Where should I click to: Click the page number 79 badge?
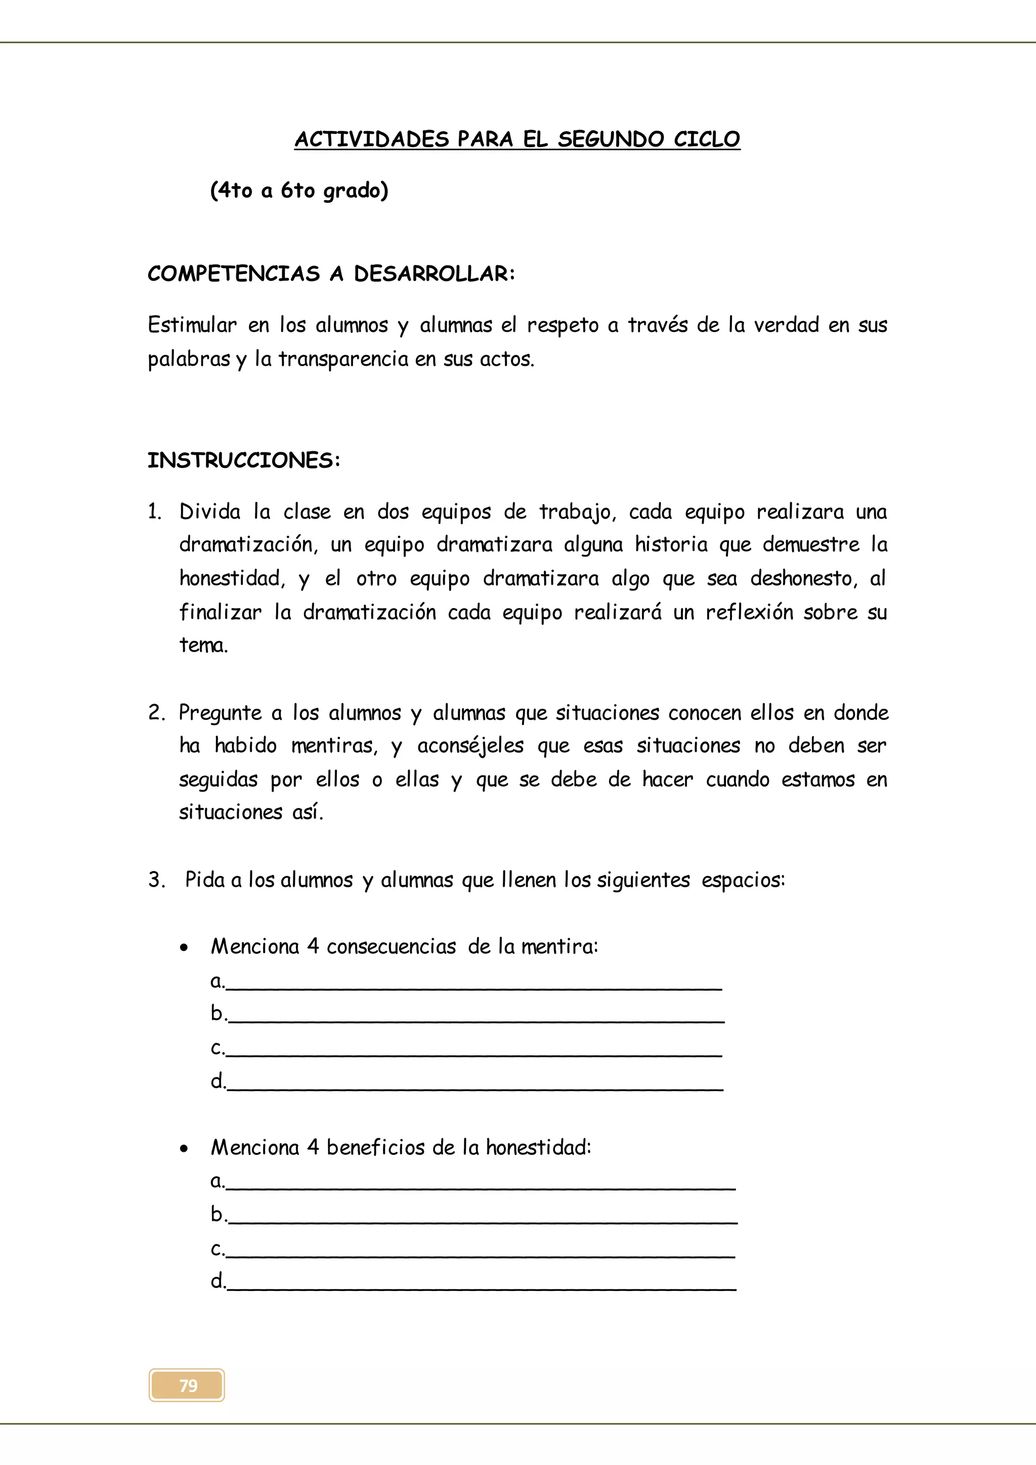pos(187,1385)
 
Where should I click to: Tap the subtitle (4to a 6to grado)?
pos(298,190)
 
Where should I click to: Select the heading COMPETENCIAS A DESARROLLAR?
pos(331,274)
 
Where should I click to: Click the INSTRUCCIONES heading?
pos(244,460)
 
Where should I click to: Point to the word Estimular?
pos(192,325)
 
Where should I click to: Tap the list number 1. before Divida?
pos(154,512)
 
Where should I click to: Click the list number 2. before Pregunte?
pos(156,713)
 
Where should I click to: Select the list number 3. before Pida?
pos(156,880)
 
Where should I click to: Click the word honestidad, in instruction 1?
pos(232,578)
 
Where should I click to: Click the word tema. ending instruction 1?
pos(203,645)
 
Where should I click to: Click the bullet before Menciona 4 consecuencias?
pos(184,948)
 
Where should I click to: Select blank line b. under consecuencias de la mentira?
pos(476,1015)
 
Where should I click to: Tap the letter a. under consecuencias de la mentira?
pos(217,981)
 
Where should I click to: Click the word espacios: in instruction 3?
pos(743,880)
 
